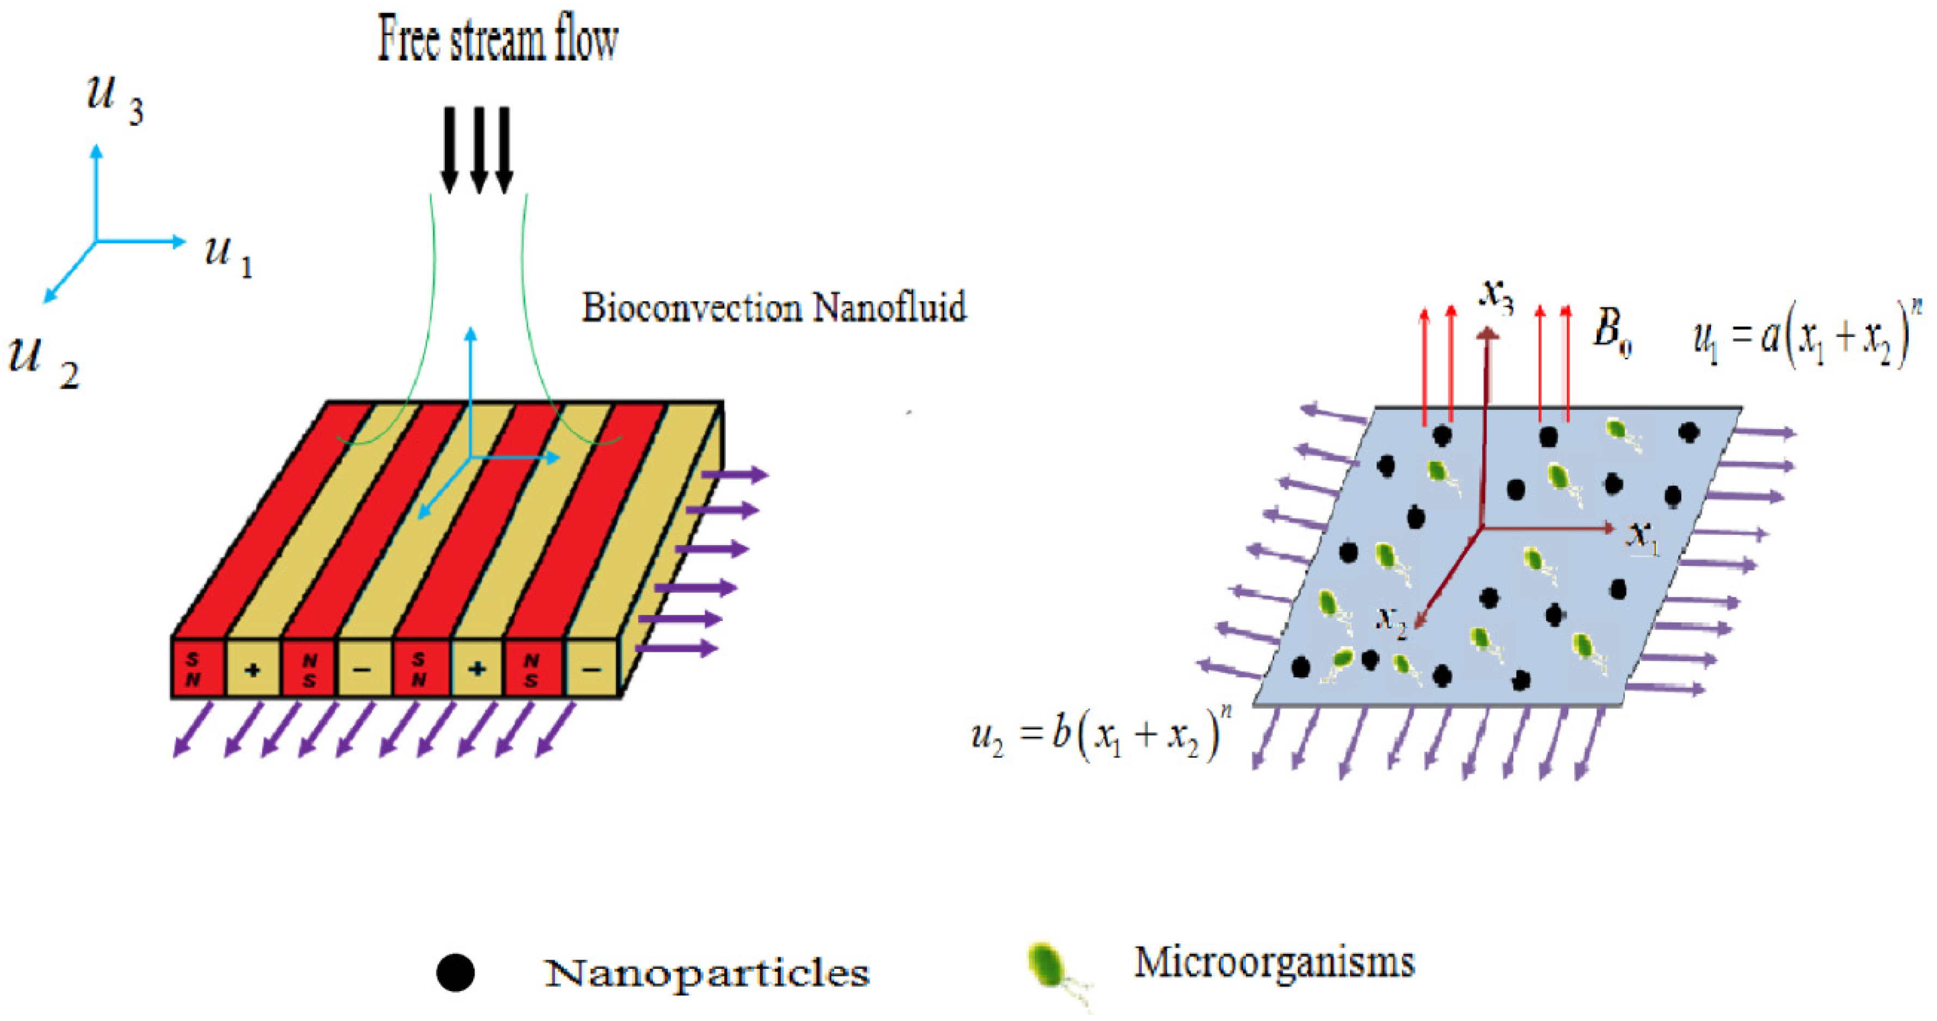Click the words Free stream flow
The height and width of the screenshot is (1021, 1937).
[x=497, y=40]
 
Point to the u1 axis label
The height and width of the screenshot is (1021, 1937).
[x=228, y=255]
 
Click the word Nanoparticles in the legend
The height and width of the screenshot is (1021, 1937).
[x=706, y=973]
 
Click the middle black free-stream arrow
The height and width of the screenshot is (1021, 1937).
[x=478, y=150]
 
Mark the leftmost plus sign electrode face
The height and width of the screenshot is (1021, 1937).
[x=253, y=668]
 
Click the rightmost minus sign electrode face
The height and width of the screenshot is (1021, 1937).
[x=591, y=668]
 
